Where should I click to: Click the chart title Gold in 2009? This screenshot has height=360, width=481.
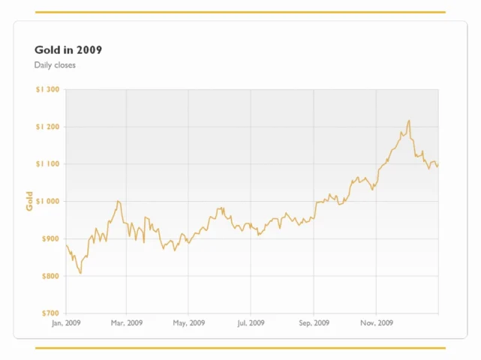tap(68, 49)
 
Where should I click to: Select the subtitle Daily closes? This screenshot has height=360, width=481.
tap(55, 65)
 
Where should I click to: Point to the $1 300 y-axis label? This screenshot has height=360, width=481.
tap(47, 89)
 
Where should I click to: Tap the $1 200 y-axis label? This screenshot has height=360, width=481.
tap(47, 127)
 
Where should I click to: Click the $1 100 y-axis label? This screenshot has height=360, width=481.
tap(47, 164)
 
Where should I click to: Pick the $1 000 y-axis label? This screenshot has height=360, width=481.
tap(47, 202)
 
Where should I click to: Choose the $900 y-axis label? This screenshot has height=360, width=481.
tap(50, 239)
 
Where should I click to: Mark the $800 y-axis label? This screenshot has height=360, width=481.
tap(50, 276)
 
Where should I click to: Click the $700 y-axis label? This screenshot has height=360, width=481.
tap(50, 313)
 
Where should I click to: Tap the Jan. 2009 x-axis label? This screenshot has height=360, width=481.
tap(66, 323)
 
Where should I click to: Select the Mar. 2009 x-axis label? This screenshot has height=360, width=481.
tap(127, 323)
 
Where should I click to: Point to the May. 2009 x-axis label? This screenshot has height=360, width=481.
tap(188, 323)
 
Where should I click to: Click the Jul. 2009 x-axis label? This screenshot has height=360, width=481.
tap(251, 323)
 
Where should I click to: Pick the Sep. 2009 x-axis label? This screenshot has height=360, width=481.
tap(314, 323)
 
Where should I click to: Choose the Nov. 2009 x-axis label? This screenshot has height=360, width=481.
tap(377, 323)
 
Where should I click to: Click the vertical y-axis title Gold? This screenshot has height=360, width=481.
tap(29, 201)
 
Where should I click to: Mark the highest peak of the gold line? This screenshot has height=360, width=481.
tap(409, 120)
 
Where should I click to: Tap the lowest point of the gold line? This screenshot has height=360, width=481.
tap(81, 272)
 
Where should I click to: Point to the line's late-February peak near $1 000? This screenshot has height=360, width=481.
tap(118, 201)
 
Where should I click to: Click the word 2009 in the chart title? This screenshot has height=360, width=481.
tap(89, 49)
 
